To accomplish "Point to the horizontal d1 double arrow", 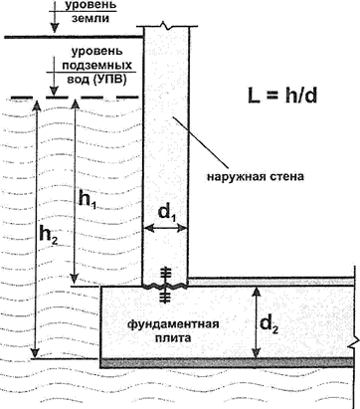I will [166, 229].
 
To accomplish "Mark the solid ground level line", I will [70, 39].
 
